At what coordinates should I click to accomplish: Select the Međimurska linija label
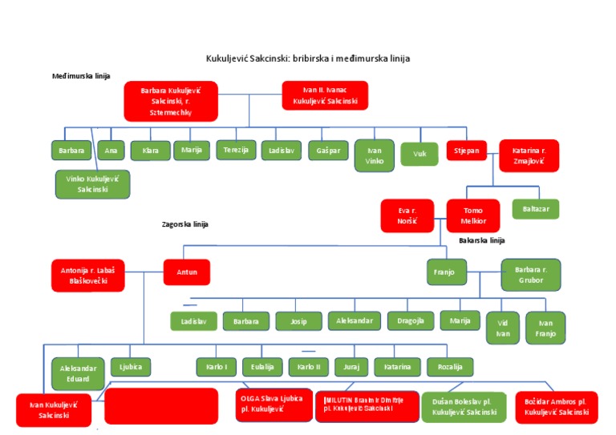81,76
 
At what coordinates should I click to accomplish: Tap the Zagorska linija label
184,224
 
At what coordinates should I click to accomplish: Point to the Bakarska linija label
481,240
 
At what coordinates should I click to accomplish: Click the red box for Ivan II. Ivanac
325,96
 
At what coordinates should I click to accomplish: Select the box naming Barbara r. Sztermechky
170,101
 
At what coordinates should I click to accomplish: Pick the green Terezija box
236,150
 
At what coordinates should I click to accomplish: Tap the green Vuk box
419,153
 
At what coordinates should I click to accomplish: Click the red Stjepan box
467,150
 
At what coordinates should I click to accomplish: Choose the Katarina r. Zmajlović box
529,155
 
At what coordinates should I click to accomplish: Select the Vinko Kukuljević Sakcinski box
92,184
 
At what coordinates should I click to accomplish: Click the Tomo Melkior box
473,215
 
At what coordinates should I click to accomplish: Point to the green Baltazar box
536,209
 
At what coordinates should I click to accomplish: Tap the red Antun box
187,272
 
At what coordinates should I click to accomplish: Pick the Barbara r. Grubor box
530,275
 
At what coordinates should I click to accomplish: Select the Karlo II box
308,367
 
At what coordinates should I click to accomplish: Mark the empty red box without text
161,406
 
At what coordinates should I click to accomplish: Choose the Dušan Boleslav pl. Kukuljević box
464,407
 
